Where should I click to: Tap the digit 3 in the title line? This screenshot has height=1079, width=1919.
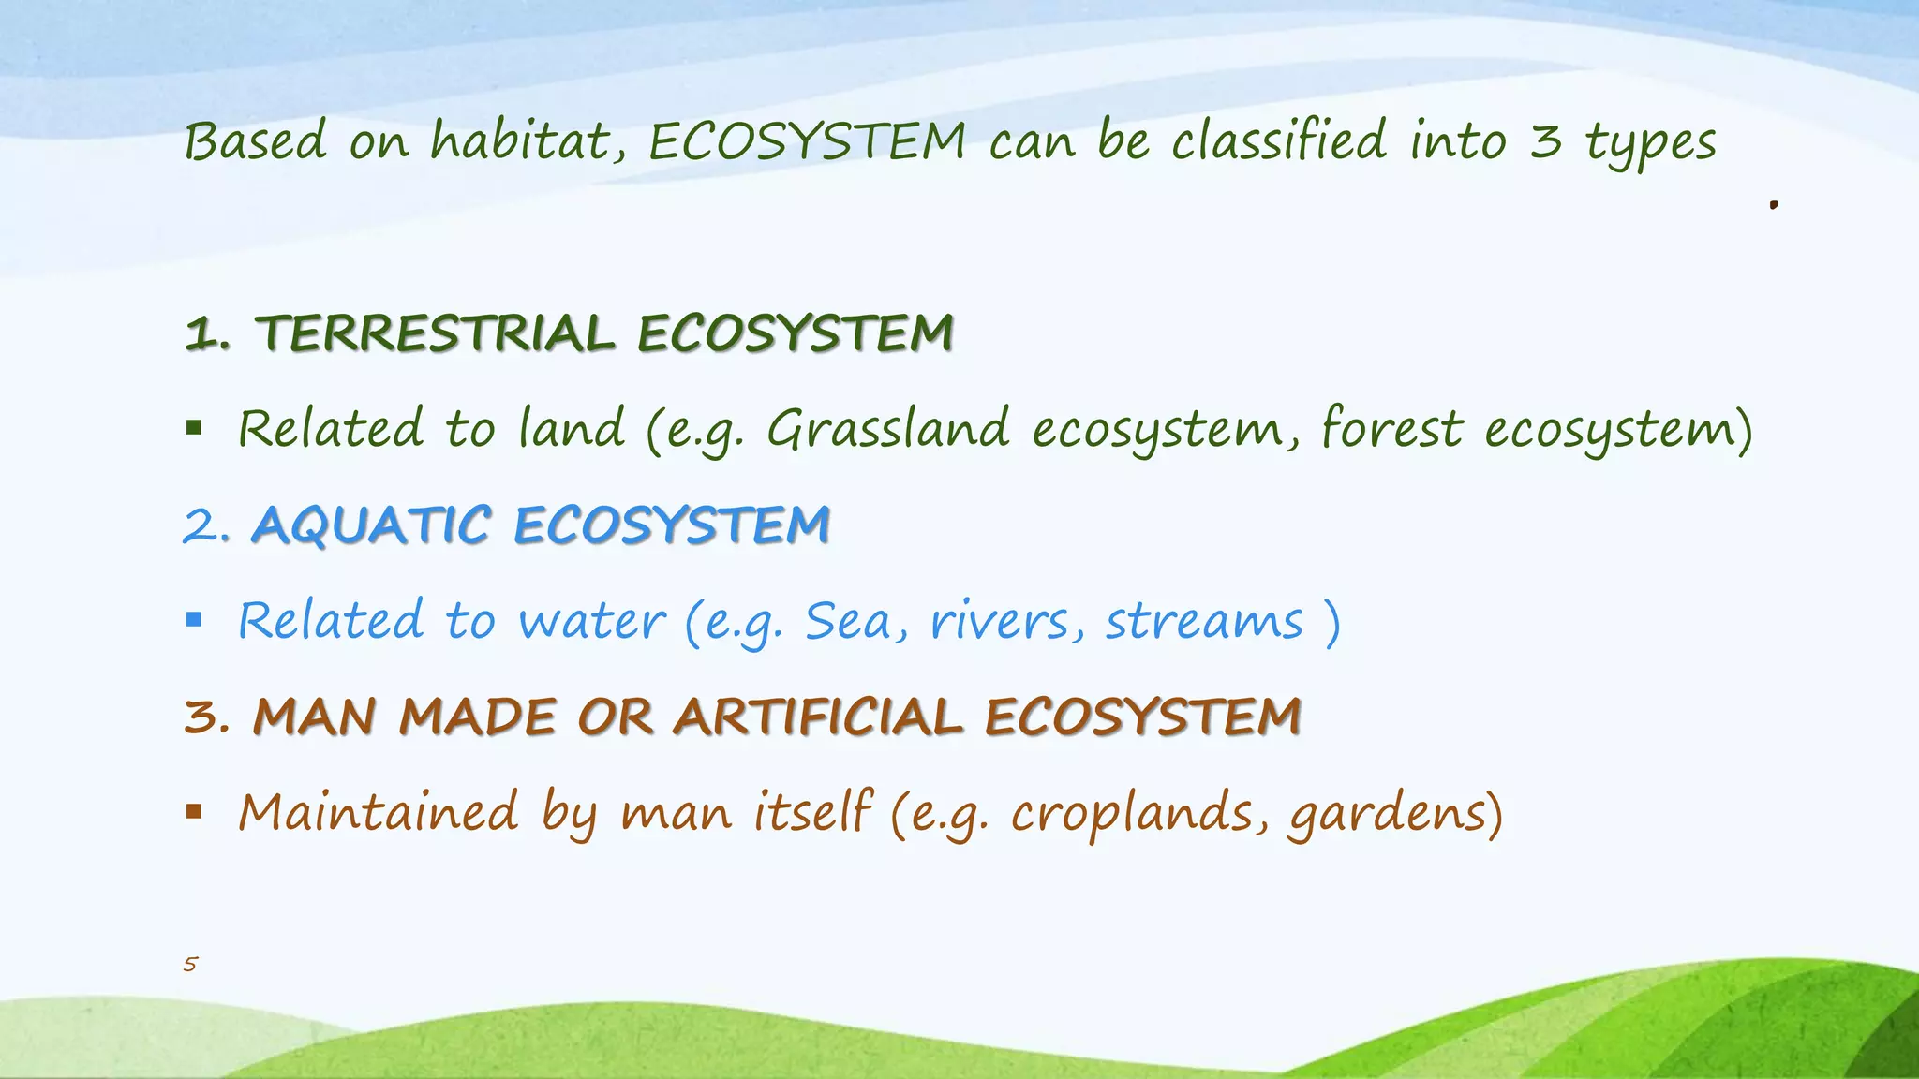coord(1546,142)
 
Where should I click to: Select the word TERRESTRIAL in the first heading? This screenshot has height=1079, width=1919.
coord(435,334)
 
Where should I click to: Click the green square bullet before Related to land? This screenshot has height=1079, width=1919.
coord(194,429)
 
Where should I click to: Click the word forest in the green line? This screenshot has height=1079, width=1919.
coord(1391,430)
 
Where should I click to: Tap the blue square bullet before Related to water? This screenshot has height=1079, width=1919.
coord(194,620)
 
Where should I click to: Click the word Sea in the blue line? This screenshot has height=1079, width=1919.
coord(848,622)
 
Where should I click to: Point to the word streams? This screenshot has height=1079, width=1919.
coord(1204,622)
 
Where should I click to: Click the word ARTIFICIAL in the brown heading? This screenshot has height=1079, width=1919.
coord(817,717)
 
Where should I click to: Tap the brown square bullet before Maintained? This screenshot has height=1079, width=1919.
coord(194,811)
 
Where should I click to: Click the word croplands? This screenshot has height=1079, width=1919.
coord(1132,813)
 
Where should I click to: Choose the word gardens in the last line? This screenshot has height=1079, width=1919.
coord(1388,813)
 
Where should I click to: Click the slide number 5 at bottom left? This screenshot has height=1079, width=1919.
coord(190,964)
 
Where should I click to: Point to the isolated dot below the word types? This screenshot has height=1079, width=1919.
coord(1774,204)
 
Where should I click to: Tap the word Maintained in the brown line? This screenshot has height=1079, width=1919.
coord(378,811)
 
